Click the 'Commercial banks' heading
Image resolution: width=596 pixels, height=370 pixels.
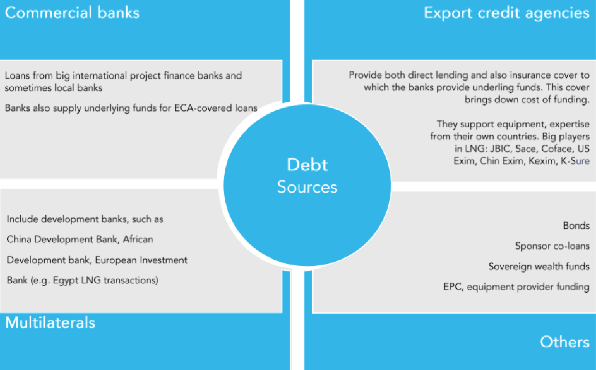click(x=72, y=13)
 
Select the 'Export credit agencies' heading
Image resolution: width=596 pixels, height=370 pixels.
click(x=506, y=13)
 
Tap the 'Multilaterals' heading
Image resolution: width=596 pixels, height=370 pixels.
click(x=50, y=322)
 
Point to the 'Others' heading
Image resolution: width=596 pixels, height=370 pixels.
click(x=565, y=341)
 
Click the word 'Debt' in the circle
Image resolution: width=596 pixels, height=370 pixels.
click(x=307, y=165)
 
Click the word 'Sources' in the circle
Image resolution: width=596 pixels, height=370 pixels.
click(x=307, y=187)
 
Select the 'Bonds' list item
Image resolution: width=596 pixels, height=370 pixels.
click(x=576, y=226)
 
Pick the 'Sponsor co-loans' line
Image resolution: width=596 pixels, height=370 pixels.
click(x=552, y=246)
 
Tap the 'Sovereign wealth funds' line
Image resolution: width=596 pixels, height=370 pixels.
click(x=539, y=266)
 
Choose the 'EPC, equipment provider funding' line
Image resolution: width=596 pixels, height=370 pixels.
click(x=516, y=287)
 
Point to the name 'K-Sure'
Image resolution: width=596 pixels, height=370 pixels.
click(x=575, y=161)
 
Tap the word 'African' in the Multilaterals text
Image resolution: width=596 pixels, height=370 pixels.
click(x=137, y=240)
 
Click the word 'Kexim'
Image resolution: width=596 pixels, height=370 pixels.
click(x=539, y=161)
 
